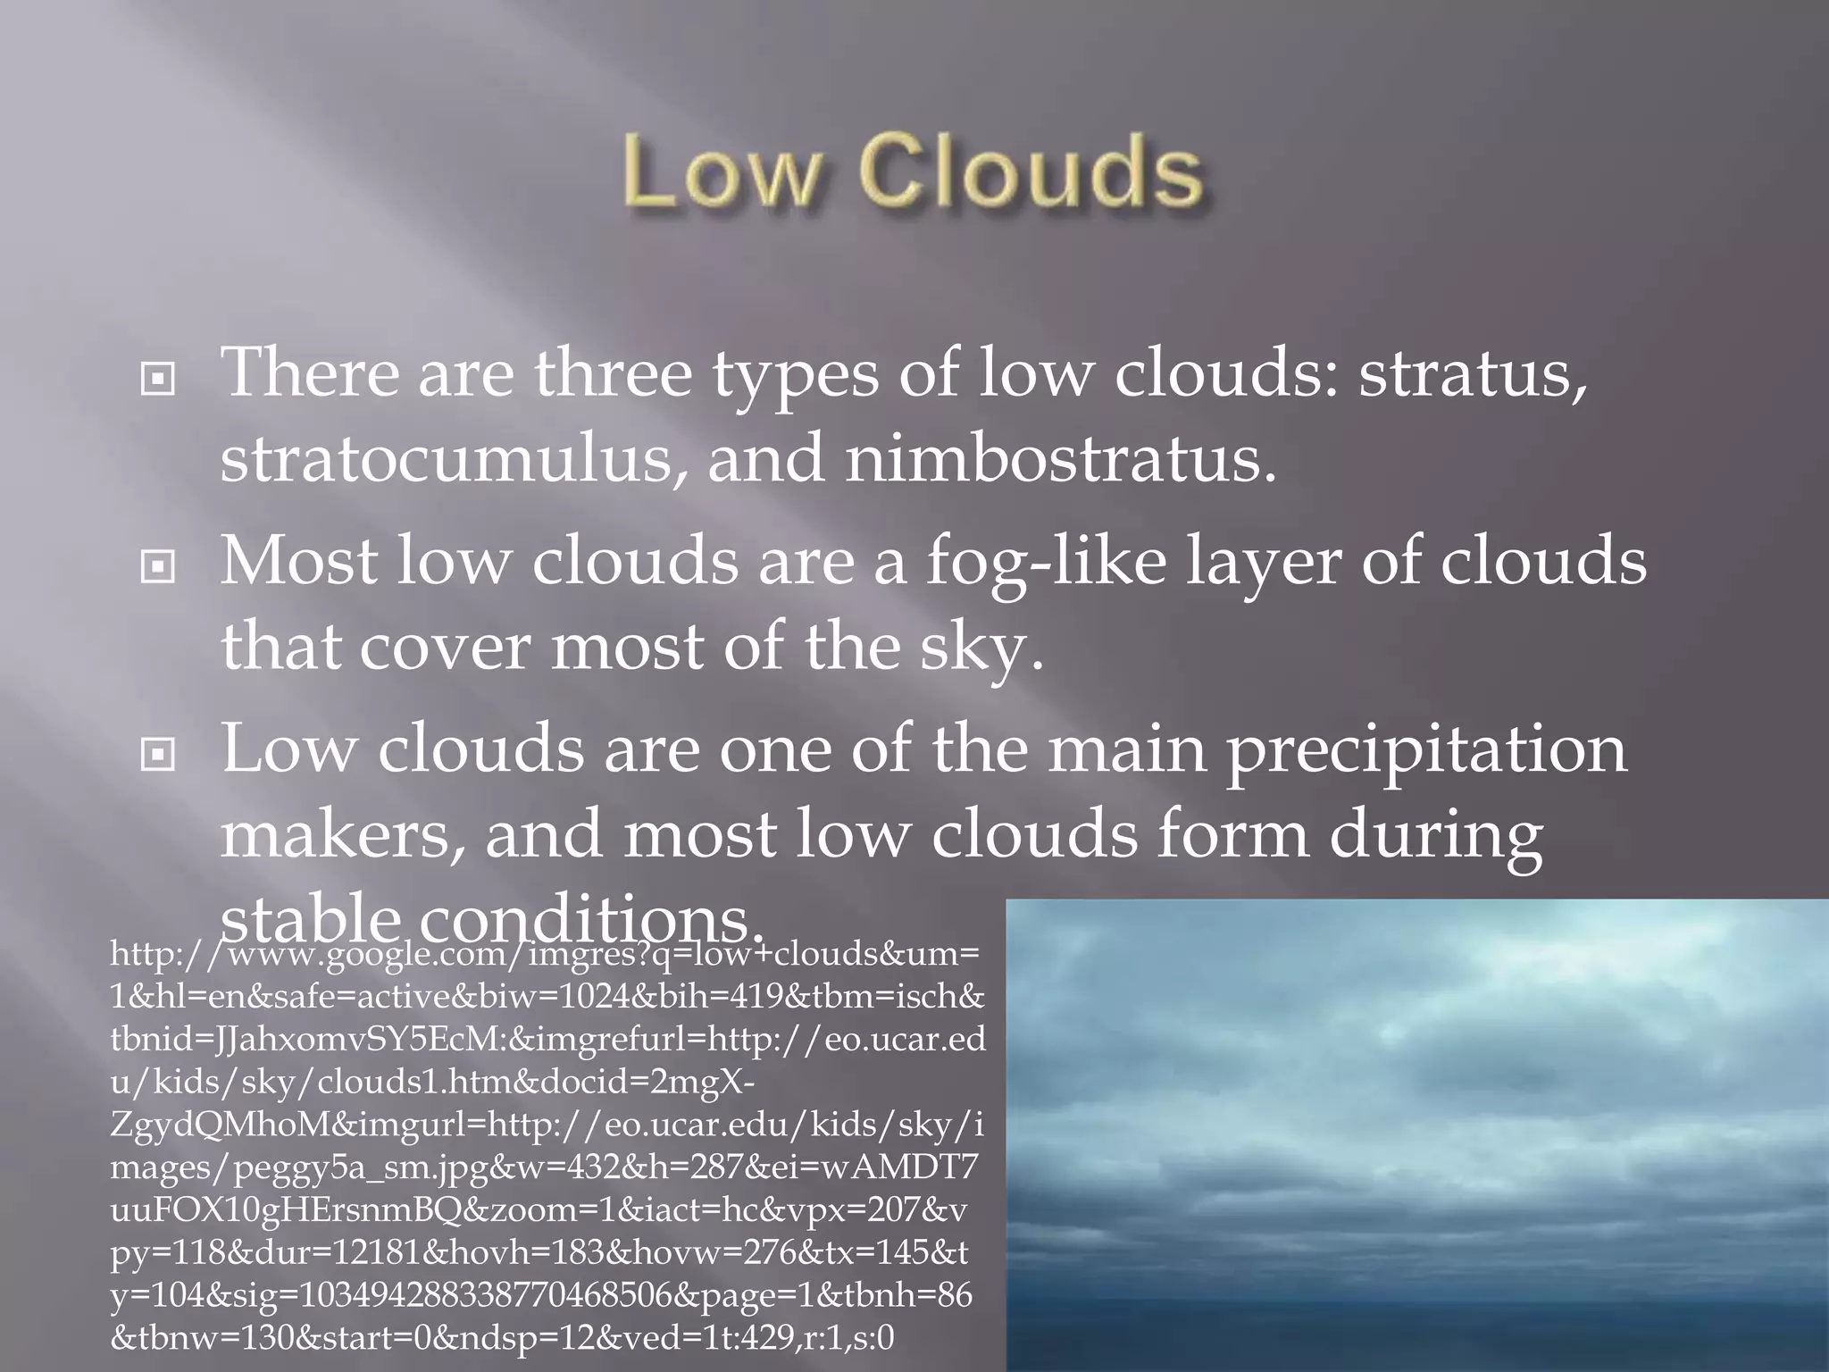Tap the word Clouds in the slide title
(1031, 171)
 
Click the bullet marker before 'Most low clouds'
(158, 566)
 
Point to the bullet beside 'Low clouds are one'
(158, 755)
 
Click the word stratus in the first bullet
(1472, 373)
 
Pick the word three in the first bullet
(613, 373)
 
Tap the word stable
(310, 920)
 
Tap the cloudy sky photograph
(1416, 1134)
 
